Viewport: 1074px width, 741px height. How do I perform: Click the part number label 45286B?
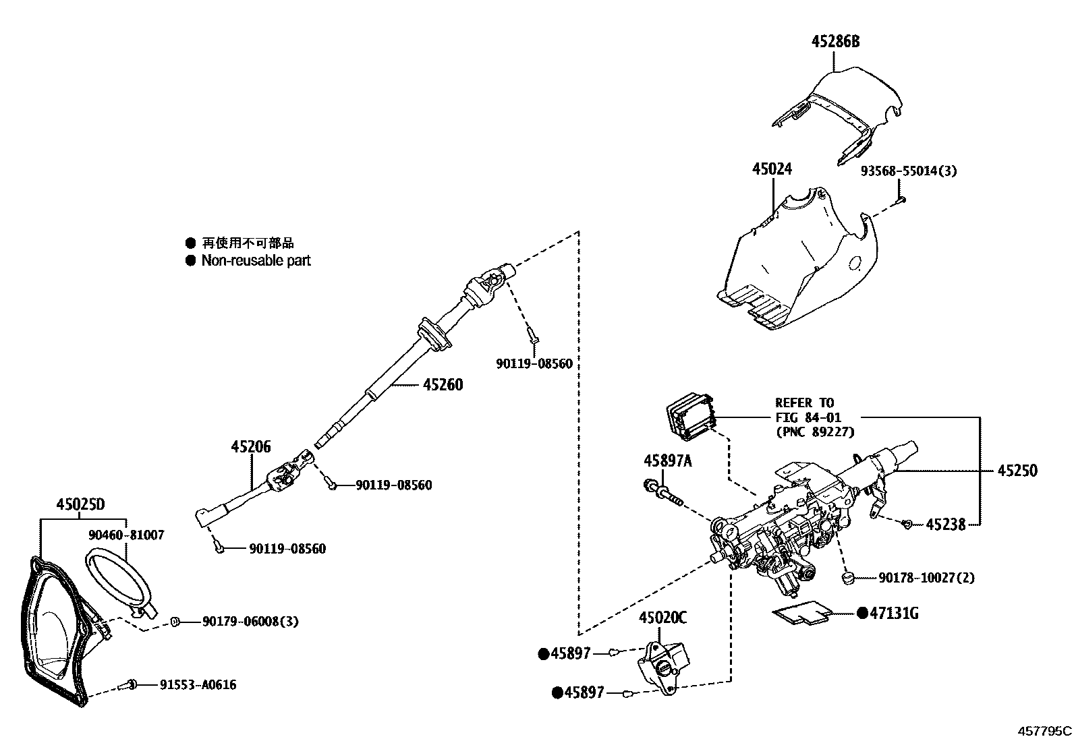coord(835,42)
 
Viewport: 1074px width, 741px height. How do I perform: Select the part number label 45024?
coord(772,169)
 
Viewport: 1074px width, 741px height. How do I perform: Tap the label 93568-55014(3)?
coord(908,171)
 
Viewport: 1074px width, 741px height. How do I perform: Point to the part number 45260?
coord(443,385)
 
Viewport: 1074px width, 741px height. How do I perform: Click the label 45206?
coord(250,446)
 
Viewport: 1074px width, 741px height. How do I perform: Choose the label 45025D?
coord(80,504)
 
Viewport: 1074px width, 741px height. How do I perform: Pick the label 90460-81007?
coord(126,535)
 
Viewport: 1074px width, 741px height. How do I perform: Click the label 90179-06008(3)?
coord(250,622)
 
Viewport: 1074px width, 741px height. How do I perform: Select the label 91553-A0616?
coord(198,685)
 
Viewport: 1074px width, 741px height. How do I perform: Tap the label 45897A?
coord(667,461)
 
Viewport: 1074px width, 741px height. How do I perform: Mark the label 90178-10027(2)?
coord(926,578)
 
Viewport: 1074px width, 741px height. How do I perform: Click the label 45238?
coord(945,524)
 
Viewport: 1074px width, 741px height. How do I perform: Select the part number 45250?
coord(1017,471)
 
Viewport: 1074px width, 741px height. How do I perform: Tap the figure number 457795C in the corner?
coord(1044,730)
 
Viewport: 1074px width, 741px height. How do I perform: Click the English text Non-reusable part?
coord(256,260)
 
